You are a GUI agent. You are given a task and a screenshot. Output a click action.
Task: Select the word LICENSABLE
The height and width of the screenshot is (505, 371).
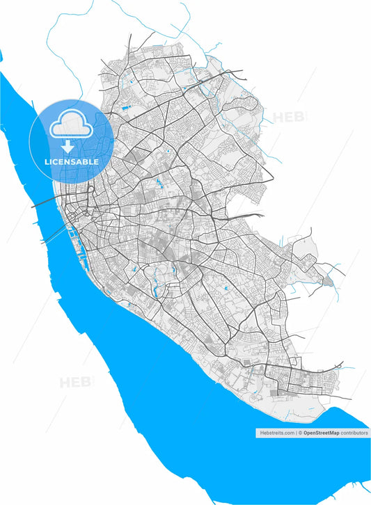(71, 161)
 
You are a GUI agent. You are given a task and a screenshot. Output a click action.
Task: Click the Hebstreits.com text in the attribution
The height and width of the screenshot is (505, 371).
(276, 433)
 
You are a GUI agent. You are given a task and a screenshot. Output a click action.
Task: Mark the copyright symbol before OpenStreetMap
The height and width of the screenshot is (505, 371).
(301, 433)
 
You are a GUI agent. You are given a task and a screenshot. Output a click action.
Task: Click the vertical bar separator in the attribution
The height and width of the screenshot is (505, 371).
(296, 433)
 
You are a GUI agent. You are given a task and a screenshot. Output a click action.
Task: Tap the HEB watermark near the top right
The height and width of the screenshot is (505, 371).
(290, 117)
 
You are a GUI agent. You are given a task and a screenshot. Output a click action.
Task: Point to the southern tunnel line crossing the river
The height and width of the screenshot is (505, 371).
(56, 235)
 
